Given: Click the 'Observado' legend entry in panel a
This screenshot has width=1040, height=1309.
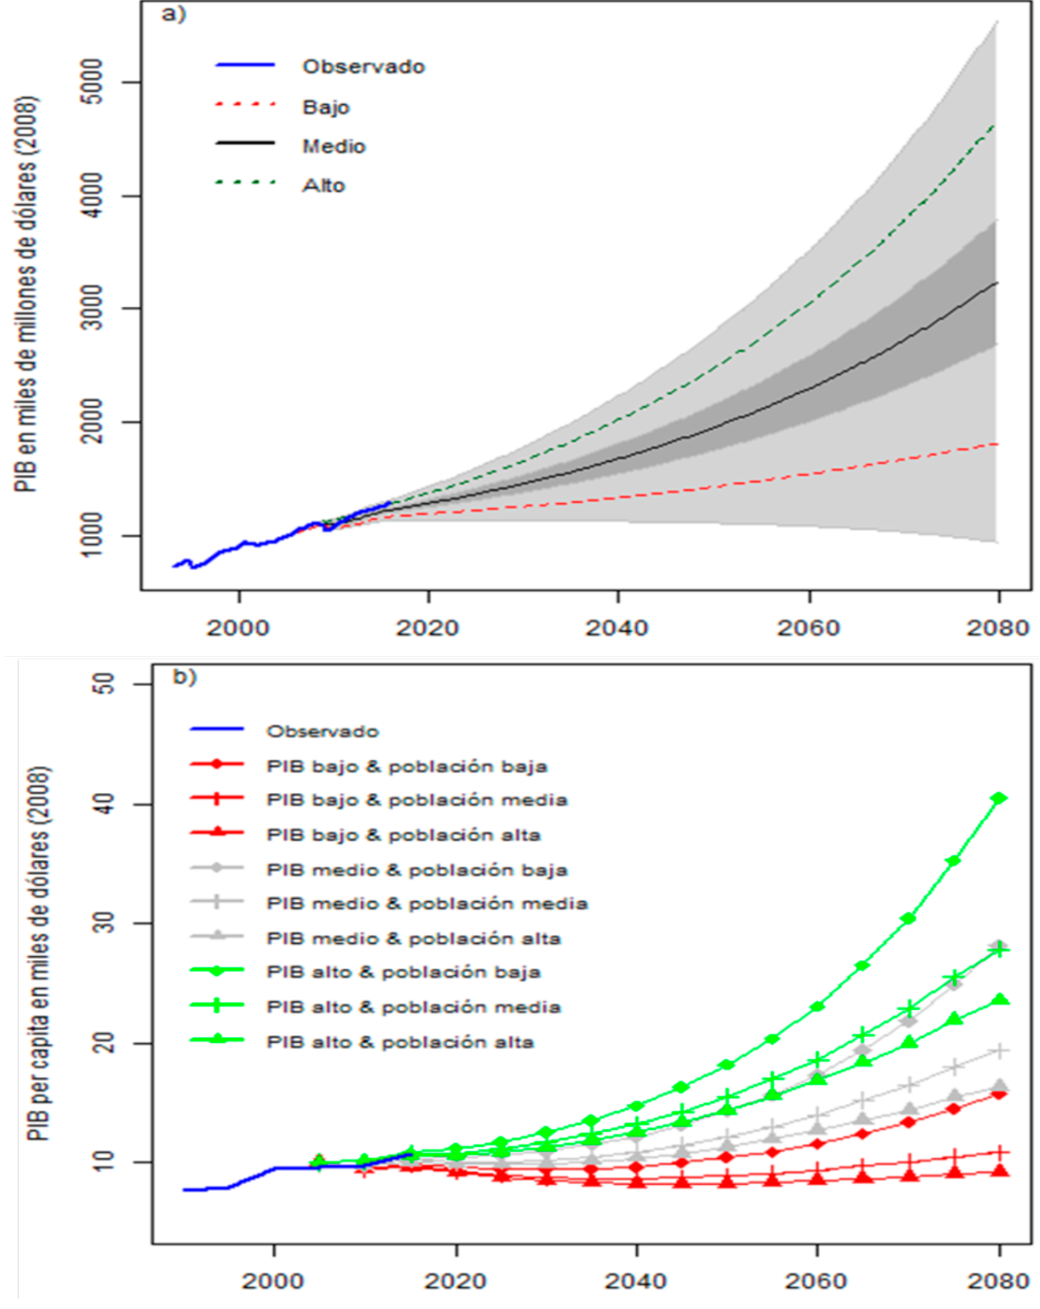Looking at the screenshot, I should [x=363, y=67].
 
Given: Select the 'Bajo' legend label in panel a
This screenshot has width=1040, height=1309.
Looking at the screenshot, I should [x=326, y=107].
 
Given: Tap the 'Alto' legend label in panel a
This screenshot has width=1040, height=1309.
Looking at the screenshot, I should [x=323, y=185].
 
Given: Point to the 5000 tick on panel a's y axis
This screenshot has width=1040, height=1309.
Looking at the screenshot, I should [x=94, y=81].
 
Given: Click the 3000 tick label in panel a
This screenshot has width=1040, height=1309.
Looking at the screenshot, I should [x=94, y=308].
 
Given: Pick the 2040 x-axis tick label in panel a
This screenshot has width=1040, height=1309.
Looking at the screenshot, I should [x=618, y=628].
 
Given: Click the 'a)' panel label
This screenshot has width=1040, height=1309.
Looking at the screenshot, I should [x=174, y=15].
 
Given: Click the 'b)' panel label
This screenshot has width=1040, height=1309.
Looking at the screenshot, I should [x=185, y=676].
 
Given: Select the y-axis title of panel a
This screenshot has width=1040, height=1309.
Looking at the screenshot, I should [x=27, y=294].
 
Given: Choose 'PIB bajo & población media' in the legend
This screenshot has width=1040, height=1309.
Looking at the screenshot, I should [x=417, y=800].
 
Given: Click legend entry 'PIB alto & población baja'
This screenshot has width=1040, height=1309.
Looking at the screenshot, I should [x=403, y=973].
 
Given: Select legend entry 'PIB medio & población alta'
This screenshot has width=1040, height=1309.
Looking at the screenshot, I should [x=414, y=938].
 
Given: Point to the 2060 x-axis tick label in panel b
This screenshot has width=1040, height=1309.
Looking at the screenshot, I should [x=817, y=1281].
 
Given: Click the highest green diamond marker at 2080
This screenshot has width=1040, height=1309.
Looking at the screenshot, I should [x=1000, y=798].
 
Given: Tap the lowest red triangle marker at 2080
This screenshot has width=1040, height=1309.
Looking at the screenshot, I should [x=1000, y=1170].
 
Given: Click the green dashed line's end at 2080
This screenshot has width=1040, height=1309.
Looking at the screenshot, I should [x=995, y=126].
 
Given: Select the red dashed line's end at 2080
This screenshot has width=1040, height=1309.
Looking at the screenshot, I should [x=997, y=444].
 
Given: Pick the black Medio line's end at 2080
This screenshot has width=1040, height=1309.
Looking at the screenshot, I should [x=997, y=283].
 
